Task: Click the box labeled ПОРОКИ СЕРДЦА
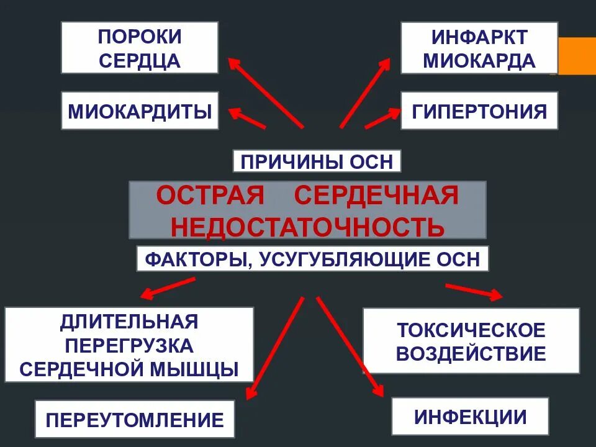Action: point(140,48)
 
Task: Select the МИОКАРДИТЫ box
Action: point(140,111)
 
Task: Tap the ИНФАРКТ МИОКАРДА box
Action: point(479,48)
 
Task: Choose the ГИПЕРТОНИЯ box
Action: point(479,111)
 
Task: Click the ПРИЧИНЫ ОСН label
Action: point(317,161)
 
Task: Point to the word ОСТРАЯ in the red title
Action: point(210,196)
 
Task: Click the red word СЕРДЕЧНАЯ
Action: point(376,196)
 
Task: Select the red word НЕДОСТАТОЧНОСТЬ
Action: point(307,227)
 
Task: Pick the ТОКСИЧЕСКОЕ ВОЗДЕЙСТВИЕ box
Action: point(471,341)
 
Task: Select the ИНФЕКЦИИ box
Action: point(470,417)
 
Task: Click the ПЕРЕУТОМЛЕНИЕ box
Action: point(135,420)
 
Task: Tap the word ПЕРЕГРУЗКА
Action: point(129,345)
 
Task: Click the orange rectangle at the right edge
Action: point(577,55)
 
